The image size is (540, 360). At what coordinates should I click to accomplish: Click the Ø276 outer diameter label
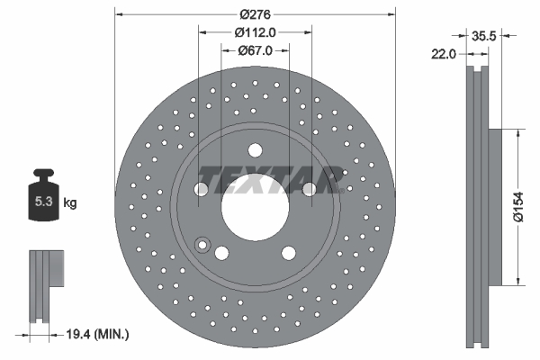(x=256, y=13)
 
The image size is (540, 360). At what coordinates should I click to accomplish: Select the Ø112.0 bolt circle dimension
(x=255, y=32)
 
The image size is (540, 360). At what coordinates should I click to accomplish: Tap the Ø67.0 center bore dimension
(x=256, y=50)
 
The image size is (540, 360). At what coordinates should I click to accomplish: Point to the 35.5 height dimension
(x=485, y=36)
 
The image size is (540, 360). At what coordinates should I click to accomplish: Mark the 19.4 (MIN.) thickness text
(x=96, y=335)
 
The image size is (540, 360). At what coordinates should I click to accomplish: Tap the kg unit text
(x=69, y=203)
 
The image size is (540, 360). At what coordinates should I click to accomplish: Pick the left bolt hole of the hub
(x=201, y=189)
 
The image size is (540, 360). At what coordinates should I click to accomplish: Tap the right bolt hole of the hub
(x=309, y=189)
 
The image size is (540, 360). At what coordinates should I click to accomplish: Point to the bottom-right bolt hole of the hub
(x=287, y=253)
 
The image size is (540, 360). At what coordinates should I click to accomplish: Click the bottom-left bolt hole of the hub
(x=222, y=253)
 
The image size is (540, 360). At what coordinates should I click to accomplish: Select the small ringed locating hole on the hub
(x=202, y=242)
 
